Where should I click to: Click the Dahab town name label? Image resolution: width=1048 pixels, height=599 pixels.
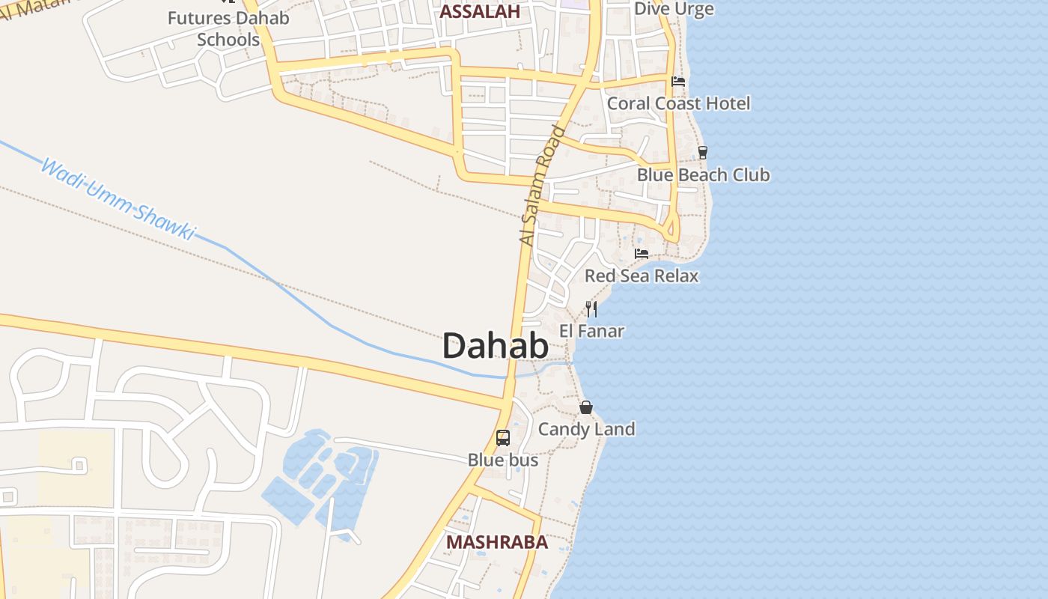point(495,346)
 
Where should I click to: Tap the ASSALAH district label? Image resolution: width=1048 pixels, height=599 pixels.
point(480,11)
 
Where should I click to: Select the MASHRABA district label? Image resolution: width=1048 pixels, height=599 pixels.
point(497,542)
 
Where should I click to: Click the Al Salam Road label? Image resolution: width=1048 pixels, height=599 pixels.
point(542,186)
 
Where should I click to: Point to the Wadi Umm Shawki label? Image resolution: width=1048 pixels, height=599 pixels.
point(117,199)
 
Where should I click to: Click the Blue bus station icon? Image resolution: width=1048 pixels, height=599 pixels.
point(503,438)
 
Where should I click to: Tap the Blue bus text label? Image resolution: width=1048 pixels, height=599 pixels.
point(503,460)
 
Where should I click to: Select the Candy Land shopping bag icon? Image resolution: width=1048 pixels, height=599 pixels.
point(586,407)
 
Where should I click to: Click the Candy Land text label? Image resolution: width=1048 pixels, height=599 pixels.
point(586,429)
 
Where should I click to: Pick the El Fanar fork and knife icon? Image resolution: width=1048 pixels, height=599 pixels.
point(591,308)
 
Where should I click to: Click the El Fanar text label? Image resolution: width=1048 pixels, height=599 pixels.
point(591,330)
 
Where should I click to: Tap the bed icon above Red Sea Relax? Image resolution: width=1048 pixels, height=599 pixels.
point(642,254)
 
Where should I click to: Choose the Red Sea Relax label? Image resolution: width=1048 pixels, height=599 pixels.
point(642,276)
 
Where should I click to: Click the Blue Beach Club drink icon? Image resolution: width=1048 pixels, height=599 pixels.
point(702,153)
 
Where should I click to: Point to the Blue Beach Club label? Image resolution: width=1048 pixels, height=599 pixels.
point(703,174)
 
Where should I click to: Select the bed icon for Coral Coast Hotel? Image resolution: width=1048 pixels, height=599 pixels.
point(678,82)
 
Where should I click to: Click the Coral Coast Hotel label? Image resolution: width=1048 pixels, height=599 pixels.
point(678,103)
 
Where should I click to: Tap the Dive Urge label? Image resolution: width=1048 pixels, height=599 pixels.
point(674,9)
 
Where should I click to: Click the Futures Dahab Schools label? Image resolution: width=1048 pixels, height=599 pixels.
point(228,28)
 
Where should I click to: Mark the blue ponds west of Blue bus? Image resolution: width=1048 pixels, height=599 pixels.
point(322,475)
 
